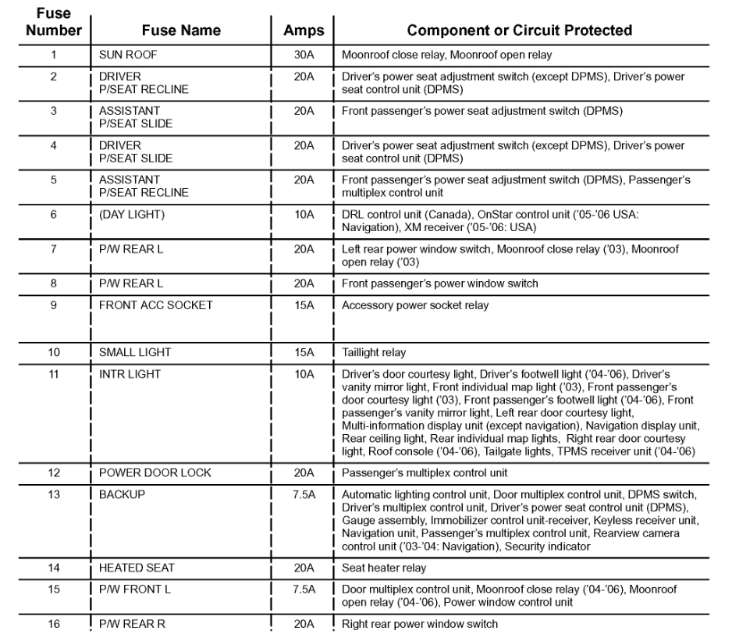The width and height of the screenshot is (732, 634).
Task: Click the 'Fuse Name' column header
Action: (x=181, y=30)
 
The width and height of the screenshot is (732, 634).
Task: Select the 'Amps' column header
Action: (x=304, y=30)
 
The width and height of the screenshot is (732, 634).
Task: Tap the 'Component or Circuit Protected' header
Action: (x=520, y=30)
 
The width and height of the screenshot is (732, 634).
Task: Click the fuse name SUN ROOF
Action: (x=128, y=55)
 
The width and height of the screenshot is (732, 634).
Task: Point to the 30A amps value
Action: (x=304, y=55)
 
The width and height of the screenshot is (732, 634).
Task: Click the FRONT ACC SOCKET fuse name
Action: (x=155, y=305)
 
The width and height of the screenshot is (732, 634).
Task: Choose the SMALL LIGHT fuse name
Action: (x=134, y=352)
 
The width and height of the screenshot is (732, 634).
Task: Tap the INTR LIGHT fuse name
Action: (x=130, y=374)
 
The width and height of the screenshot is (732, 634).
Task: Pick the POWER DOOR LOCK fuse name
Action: (x=155, y=472)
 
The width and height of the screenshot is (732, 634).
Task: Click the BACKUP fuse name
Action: (x=122, y=495)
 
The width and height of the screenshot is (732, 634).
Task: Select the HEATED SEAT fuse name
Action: (x=137, y=568)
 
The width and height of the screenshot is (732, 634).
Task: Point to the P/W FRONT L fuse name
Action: (x=134, y=589)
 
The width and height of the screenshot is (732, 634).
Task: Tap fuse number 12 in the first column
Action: (x=53, y=472)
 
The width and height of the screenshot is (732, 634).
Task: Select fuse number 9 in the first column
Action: (x=53, y=305)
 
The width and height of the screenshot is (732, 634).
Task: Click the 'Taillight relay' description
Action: (x=374, y=352)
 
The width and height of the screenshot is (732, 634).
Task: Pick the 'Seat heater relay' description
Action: (x=383, y=568)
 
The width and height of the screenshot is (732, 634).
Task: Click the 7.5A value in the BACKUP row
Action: (x=304, y=495)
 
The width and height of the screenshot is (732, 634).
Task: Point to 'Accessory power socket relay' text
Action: (x=415, y=305)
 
